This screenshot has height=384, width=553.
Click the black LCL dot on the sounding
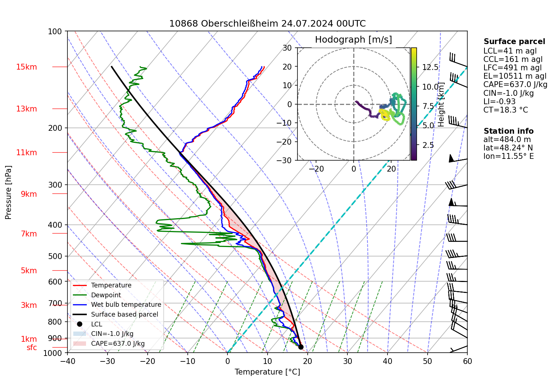coord(301,347)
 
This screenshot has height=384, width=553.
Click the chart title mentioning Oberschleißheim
coord(267,24)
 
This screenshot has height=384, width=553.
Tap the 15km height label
coord(26,67)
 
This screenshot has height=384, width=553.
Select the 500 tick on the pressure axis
coord(55,256)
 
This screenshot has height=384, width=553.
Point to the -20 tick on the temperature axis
coord(148,361)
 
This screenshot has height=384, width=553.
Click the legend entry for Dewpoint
coord(106,295)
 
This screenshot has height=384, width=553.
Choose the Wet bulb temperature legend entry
coord(126,305)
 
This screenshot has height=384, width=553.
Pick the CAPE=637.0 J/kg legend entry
coord(118,344)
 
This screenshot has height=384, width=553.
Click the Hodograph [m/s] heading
coord(353,40)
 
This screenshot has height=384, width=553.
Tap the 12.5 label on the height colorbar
coord(430,67)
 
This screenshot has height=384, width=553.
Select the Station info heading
coord(508,131)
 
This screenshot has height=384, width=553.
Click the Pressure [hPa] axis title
coord(8,192)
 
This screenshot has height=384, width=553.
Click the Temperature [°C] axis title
coord(267,372)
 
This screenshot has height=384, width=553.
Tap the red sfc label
coord(32,348)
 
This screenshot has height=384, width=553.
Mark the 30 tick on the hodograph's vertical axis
coord(287,48)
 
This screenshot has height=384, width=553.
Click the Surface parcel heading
coord(514,42)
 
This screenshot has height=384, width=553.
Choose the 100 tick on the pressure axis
coord(55,32)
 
